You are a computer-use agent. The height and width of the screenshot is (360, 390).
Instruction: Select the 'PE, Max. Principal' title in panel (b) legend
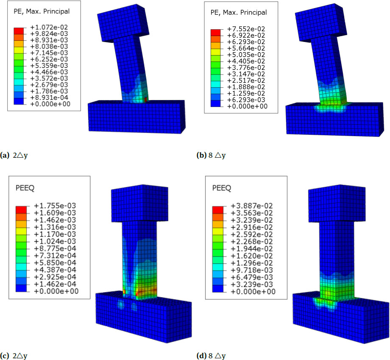[x=239, y=12]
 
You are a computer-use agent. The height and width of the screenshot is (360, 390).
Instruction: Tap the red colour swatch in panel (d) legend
[x=217, y=209]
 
